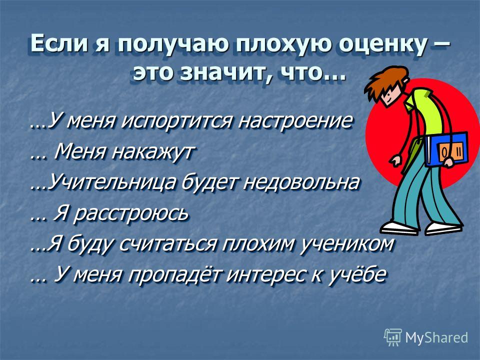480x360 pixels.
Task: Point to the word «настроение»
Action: point(295,120)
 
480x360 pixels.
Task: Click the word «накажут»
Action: point(153,151)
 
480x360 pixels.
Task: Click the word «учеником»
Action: point(346,244)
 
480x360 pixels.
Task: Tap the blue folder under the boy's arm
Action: point(446,149)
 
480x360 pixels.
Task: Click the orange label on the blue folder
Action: point(450,151)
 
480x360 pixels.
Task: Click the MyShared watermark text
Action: point(436,337)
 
